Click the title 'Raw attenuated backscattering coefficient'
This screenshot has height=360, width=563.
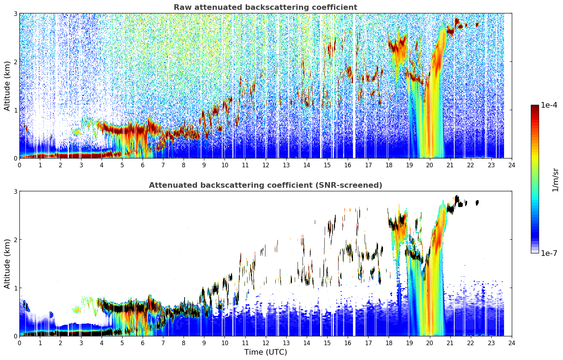(x=265, y=7)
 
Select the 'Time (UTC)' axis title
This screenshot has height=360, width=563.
(x=265, y=352)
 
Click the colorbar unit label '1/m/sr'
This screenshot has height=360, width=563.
(x=555, y=180)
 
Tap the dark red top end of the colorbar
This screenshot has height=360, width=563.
(x=535, y=106)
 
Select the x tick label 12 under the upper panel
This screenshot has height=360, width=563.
(x=266, y=165)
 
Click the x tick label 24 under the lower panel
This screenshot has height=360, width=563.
(x=512, y=343)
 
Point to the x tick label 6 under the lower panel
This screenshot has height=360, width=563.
(x=143, y=343)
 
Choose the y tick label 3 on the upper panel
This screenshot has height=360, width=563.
(x=15, y=13)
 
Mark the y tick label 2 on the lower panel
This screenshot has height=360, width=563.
(x=15, y=240)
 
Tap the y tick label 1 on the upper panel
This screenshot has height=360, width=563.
(x=15, y=110)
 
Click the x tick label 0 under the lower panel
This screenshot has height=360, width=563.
(x=20, y=343)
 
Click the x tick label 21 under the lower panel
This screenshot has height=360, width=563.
(x=450, y=343)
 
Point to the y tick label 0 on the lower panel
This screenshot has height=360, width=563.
(x=15, y=336)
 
